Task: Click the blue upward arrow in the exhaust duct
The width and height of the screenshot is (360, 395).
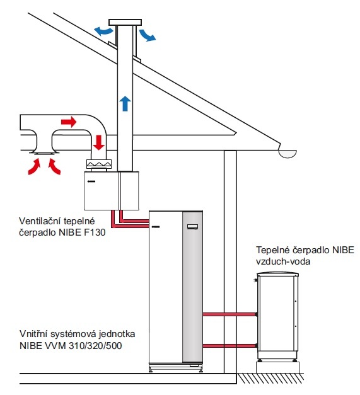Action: [125, 103]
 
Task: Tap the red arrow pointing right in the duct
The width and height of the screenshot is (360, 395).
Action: [69, 122]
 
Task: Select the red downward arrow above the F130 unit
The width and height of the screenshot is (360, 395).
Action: [98, 142]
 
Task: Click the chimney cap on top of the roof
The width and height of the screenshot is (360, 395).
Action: [125, 22]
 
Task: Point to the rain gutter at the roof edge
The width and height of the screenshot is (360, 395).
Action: [287, 154]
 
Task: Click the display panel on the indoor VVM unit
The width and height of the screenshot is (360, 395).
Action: [192, 227]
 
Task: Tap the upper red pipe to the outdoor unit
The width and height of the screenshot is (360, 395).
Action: [229, 314]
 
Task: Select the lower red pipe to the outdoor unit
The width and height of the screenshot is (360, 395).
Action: [229, 346]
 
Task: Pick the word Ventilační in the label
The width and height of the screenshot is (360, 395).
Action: [40, 221]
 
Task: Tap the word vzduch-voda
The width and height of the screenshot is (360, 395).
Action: [283, 261]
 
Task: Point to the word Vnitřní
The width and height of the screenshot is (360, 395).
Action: [34, 334]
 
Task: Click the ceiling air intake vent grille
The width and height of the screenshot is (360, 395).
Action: [44, 152]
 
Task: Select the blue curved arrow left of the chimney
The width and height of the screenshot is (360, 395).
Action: [103, 31]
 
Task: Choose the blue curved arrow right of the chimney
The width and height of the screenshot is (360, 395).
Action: [148, 35]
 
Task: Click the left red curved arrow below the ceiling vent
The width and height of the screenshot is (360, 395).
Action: [34, 166]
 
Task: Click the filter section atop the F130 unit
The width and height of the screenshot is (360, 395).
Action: [99, 164]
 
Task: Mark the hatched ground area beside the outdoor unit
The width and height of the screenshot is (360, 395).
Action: [270, 378]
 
